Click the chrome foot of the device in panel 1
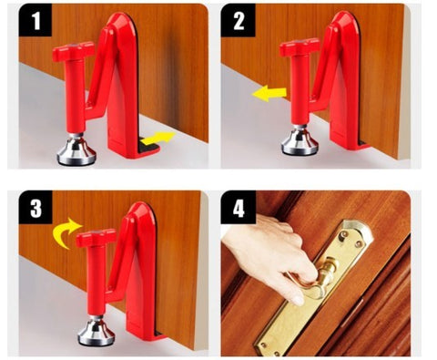click(76, 150)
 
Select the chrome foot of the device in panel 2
click(300, 141)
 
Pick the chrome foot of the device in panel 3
click(96, 331)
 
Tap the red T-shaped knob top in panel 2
click(300, 45)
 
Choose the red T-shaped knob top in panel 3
click(96, 239)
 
